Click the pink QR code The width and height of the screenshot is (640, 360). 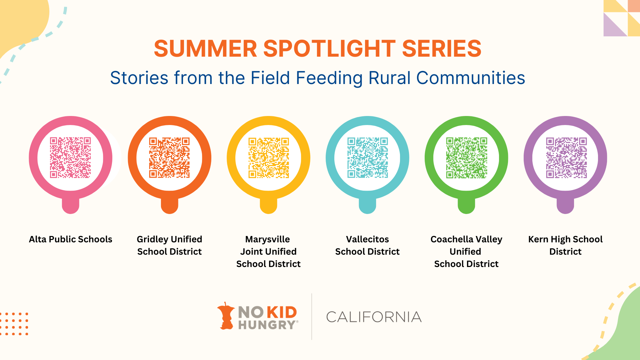tap(70, 158)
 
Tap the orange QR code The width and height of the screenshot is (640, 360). tap(169, 158)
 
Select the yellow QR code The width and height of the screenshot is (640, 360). tap(269, 158)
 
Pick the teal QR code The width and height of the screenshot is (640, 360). tap(368, 158)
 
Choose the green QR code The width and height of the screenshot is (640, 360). tap(467, 158)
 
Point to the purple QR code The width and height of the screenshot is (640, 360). tap(566, 158)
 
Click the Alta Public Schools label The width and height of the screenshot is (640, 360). tap(71, 239)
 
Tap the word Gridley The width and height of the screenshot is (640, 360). tap(152, 240)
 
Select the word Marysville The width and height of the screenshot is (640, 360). tap(268, 240)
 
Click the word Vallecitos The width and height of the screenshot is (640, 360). tap(367, 239)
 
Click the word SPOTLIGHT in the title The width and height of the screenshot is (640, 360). tap(329, 49)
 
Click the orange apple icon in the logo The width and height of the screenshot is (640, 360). tap(226, 316)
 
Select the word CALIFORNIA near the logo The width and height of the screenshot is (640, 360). tap(374, 317)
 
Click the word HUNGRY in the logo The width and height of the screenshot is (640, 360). tap(267, 325)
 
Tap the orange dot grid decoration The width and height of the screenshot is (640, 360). tap(14, 324)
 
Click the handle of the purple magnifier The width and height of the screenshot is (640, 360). tap(565, 206)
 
